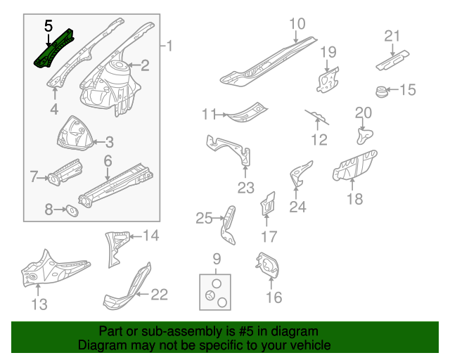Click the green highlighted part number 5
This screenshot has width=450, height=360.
(x=53, y=49)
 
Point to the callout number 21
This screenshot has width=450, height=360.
(x=392, y=36)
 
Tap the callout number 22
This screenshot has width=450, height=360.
(x=160, y=294)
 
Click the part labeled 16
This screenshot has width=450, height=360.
(x=268, y=264)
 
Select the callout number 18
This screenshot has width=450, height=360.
(x=354, y=199)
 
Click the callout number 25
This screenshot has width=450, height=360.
(x=203, y=219)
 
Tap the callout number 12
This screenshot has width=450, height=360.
(x=319, y=139)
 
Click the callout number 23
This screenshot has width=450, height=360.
(x=245, y=187)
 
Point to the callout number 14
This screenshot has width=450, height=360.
(x=151, y=236)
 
